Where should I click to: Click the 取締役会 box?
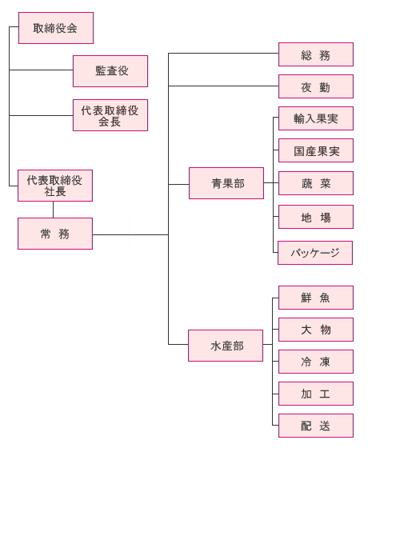click(56, 28)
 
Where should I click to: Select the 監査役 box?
click(110, 71)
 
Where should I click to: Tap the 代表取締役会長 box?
click(110, 115)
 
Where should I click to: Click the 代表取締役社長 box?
click(55, 186)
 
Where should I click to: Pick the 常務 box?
click(55, 234)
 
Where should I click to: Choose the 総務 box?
click(316, 54)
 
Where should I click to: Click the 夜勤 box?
click(316, 86)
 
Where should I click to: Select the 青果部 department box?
click(226, 183)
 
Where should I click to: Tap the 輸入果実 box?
click(316, 118)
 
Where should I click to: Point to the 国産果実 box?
click(316, 150)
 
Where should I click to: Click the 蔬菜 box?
click(316, 183)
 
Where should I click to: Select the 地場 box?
click(316, 217)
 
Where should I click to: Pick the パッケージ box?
click(315, 253)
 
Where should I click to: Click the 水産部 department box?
click(226, 346)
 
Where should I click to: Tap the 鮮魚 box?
click(316, 298)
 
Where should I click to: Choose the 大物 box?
click(316, 330)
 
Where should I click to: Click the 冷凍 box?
click(316, 362)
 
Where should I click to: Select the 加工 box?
click(316, 394)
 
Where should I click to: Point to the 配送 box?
click(316, 426)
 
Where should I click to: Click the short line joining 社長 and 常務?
click(54, 210)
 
